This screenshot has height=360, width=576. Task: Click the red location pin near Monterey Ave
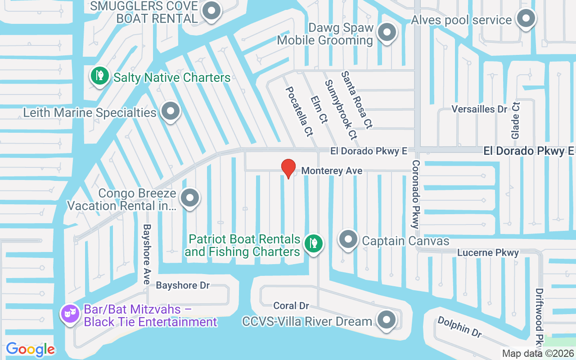[288, 168]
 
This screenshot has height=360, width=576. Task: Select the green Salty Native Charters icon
[99, 76]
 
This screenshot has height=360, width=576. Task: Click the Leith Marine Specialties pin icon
[170, 111]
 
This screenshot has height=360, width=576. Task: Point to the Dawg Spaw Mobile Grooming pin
[386, 32]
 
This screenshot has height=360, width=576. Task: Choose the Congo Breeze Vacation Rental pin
[189, 198]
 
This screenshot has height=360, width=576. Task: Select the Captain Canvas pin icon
[347, 239]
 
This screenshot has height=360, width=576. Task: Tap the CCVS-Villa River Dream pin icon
[385, 320]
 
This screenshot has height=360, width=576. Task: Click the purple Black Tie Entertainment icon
[70, 314]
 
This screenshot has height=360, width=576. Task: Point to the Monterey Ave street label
[332, 171]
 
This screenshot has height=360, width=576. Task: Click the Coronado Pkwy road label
[415, 194]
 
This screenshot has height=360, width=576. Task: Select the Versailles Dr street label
[479, 109]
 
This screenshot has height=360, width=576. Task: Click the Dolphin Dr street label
[459, 327]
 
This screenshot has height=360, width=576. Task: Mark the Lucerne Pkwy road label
[488, 253]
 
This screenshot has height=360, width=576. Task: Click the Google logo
[30, 349]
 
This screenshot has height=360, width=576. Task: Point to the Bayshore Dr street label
[183, 286]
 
